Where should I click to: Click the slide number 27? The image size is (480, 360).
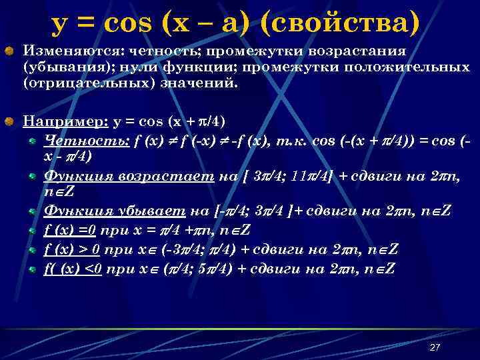435,347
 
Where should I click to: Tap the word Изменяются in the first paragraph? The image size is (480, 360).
59,51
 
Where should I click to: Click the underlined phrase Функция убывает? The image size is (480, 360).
115,212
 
